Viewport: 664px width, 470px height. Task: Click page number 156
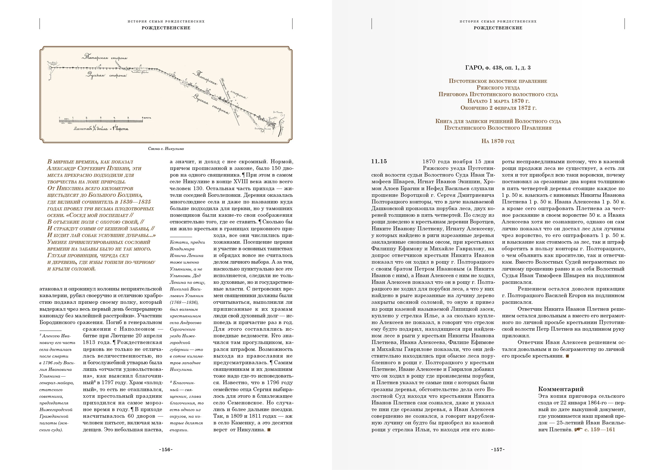[166, 450]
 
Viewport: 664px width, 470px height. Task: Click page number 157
[498, 450]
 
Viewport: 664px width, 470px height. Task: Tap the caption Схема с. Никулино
[166, 149]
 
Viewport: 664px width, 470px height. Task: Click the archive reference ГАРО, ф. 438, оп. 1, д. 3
[498, 68]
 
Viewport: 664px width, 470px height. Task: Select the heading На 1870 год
[498, 141]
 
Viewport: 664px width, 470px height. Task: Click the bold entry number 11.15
[379, 162]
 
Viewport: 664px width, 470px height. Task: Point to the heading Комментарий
[561, 389]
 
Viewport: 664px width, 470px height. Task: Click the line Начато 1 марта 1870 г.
[498, 101]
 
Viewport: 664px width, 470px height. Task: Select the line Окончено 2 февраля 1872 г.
[498, 108]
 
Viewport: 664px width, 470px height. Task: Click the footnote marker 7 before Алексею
[40, 335]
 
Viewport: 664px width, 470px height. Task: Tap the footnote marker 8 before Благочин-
[171, 382]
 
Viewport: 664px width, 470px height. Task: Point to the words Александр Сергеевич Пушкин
[94, 168]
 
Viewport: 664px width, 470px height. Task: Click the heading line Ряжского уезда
[498, 88]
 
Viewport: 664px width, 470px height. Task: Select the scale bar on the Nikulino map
[101, 121]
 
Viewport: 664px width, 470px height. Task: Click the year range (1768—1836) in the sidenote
[184, 302]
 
